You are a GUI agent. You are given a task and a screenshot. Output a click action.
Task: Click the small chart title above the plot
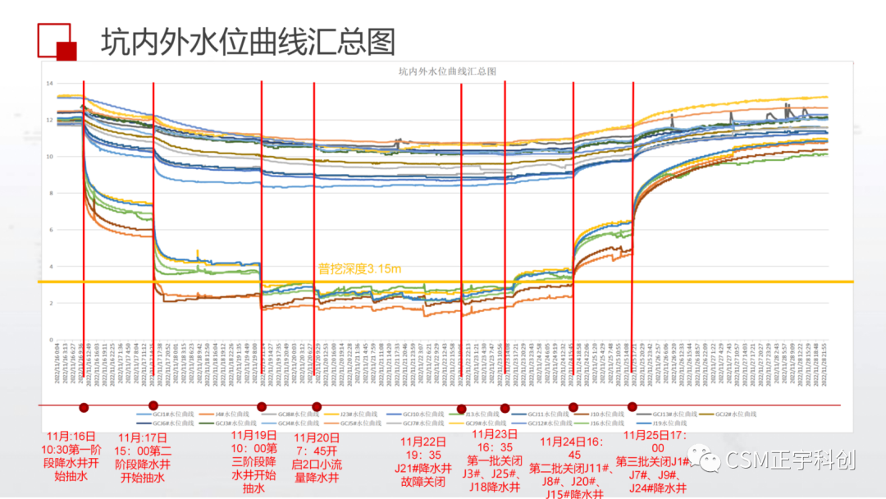[447, 71]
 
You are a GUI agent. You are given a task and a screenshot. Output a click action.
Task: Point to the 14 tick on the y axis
[49, 84]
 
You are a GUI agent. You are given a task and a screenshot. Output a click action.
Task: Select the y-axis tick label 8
[51, 194]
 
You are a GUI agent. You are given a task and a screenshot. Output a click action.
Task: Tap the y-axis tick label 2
[51, 304]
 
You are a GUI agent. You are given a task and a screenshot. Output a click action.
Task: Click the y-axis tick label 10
[49, 157]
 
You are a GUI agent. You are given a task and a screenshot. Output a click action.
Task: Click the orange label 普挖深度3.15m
[359, 269]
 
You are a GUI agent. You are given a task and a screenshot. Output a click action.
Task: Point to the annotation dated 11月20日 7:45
[317, 457]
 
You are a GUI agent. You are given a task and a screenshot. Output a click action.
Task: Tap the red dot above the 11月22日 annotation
[461, 409]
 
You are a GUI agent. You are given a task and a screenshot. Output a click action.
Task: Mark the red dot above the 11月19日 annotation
[262, 406]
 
